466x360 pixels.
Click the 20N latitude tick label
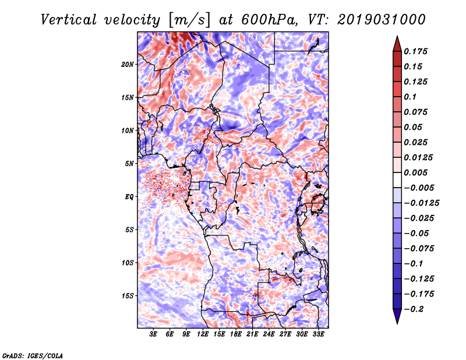pyautogui.click(x=128, y=64)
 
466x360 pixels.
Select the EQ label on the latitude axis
pyautogui.click(x=129, y=197)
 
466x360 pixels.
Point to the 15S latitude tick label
pyautogui.click(x=128, y=296)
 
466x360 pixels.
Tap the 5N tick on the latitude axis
pyautogui.click(x=129, y=164)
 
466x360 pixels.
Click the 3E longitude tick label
pyautogui.click(x=154, y=334)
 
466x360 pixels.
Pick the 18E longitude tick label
pyautogui.click(x=236, y=334)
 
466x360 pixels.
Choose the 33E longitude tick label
pyautogui.click(x=319, y=334)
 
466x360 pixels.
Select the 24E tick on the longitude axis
pyautogui.click(x=269, y=334)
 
